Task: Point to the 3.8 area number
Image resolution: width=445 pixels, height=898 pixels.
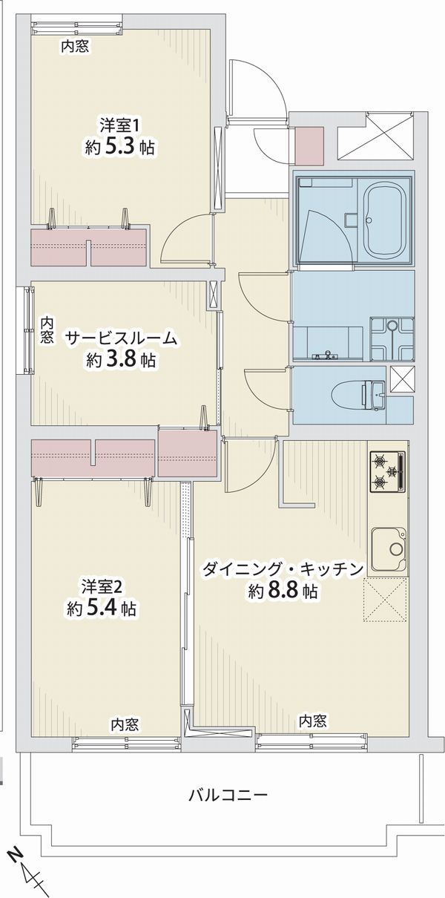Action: pos(121,361)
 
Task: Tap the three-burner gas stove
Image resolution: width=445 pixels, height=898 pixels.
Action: pos(387,471)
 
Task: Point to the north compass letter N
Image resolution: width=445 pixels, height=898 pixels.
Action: pos(16,855)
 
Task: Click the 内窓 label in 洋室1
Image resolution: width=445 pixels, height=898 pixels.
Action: pos(75,47)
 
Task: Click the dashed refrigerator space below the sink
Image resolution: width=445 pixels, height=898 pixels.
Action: pos(386,600)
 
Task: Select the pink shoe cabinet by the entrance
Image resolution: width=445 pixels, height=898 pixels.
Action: pos(309,146)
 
